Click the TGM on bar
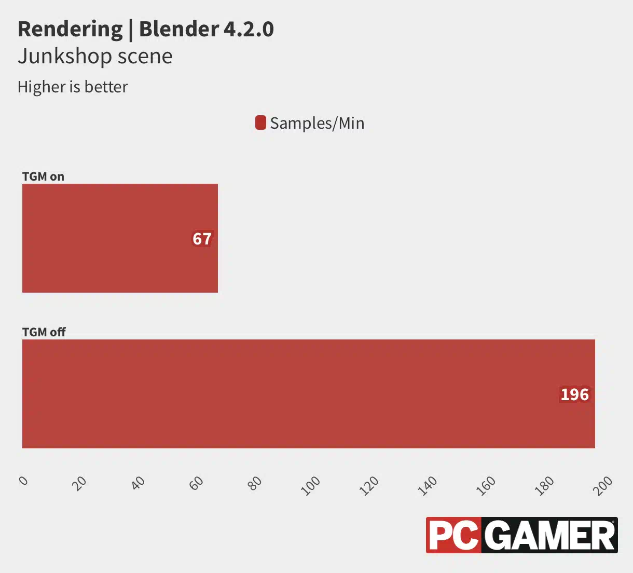120,238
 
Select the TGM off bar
308,393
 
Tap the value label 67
202,239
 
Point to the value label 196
574,394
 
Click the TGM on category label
43,176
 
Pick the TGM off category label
44,332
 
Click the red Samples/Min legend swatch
260,123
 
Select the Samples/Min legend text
317,123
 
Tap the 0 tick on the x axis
23,481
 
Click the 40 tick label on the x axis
138,483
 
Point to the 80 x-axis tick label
255,483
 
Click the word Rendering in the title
70,29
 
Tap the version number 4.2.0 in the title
249,29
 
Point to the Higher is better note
73,87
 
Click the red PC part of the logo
454,535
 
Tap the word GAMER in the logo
551,535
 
